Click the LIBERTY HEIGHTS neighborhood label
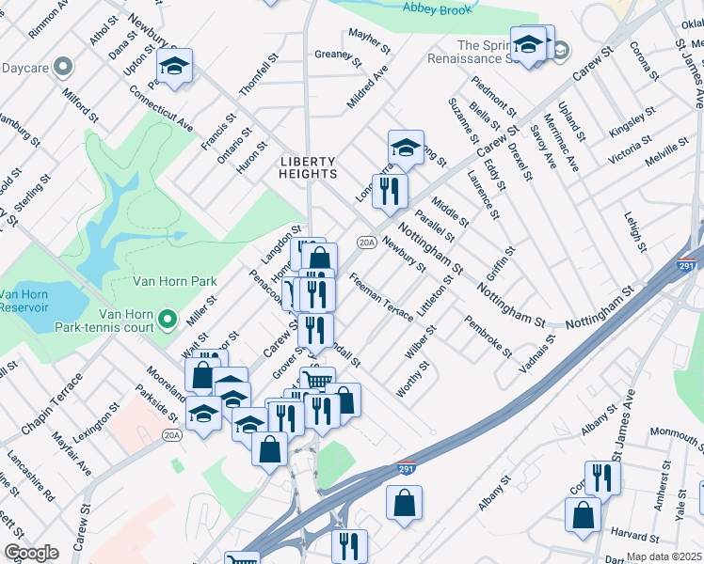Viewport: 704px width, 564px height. tap(308, 167)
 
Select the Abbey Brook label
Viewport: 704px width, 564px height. tap(436, 8)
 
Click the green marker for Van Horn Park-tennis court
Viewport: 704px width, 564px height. tap(168, 321)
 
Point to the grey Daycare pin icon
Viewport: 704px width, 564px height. tap(63, 67)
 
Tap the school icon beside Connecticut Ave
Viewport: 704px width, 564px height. tap(174, 67)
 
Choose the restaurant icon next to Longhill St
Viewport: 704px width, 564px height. tap(389, 192)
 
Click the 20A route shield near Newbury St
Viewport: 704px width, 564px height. tap(366, 242)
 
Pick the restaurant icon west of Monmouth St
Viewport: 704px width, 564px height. tap(602, 478)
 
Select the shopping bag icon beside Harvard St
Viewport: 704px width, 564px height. tap(583, 515)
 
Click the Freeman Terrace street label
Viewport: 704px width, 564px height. tap(380, 297)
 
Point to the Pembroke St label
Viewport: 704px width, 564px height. tap(488, 337)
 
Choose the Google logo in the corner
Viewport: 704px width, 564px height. tap(31, 553)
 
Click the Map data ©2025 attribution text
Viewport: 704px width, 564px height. tap(664, 556)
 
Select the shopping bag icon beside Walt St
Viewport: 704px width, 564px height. tap(203, 375)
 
